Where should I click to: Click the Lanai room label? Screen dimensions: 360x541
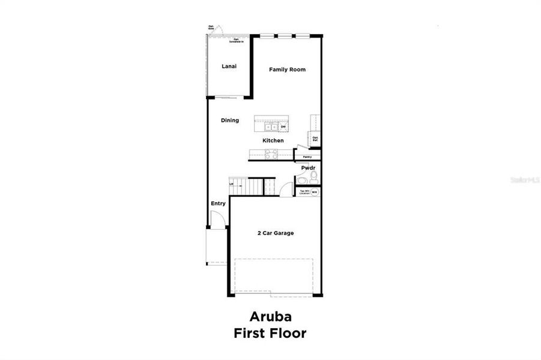pyautogui.click(x=228, y=66)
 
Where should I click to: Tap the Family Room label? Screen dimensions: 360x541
pyautogui.click(x=287, y=70)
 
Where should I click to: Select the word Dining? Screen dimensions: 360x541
pyautogui.click(x=230, y=121)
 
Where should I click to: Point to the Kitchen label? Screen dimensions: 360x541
pyautogui.click(x=273, y=141)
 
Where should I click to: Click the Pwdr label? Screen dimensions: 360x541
pyautogui.click(x=308, y=169)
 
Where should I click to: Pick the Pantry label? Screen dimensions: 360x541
pyautogui.click(x=307, y=157)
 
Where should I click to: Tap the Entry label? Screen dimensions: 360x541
pyautogui.click(x=218, y=204)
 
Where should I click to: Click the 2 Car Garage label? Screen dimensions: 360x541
pyautogui.click(x=276, y=233)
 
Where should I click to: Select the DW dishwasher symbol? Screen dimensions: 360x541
pyautogui.click(x=282, y=127)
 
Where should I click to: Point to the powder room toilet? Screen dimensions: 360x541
pyautogui.click(x=313, y=176)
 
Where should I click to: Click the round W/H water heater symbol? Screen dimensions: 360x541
pyautogui.click(x=315, y=192)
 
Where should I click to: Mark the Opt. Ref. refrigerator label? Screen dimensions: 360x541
pyautogui.click(x=315, y=139)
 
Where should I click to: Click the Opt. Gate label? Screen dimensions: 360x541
pyautogui.click(x=211, y=27)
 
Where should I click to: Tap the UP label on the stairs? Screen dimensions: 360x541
pyautogui.click(x=231, y=184)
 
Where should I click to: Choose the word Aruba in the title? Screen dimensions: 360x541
pyautogui.click(x=270, y=317)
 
